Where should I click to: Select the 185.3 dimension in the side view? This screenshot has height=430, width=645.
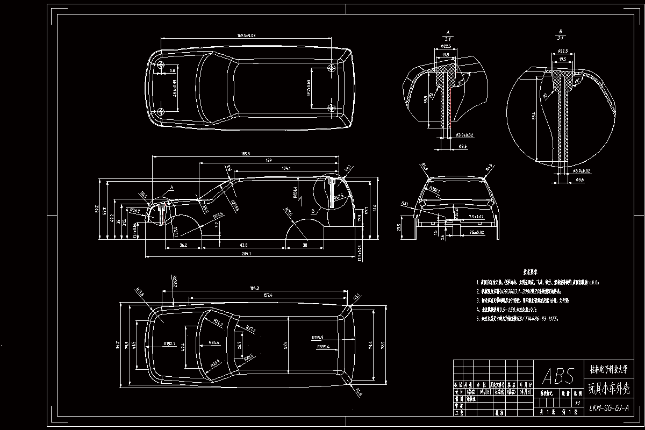[246, 154]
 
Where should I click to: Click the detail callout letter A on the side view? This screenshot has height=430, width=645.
[172, 188]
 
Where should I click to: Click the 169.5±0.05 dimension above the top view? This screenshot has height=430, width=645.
[246, 35]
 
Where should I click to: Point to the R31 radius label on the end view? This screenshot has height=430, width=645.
[404, 203]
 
